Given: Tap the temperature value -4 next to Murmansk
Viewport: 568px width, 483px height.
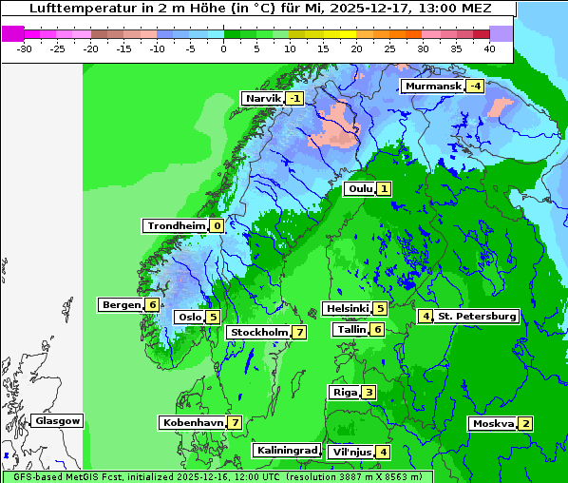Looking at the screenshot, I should (475, 87).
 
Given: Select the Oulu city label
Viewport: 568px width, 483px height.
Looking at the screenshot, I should (360, 188).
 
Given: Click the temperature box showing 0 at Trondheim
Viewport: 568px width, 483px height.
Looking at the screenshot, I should (218, 225).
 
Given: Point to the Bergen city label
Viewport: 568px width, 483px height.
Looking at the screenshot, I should (121, 304).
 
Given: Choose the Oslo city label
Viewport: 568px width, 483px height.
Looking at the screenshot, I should (189, 317).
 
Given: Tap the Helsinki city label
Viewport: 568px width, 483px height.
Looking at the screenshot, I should (346, 308).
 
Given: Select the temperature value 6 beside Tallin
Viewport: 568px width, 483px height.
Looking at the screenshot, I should (378, 329).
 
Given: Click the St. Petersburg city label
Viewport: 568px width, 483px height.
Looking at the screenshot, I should (477, 316).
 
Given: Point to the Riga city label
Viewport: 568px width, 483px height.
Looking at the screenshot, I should (344, 392).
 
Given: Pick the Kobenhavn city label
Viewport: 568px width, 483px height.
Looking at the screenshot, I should (192, 422).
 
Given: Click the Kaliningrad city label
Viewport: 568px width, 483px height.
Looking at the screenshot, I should (286, 450).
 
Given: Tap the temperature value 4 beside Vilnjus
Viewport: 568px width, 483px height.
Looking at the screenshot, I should (382, 452).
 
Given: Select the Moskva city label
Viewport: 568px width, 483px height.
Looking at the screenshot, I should (493, 423).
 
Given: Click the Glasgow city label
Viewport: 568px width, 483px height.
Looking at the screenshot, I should (57, 420).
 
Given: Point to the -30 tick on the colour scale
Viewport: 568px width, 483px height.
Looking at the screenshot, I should (25, 48).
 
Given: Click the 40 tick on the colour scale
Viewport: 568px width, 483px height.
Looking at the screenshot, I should (489, 48).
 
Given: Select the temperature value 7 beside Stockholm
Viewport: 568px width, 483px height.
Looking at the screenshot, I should (299, 332).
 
